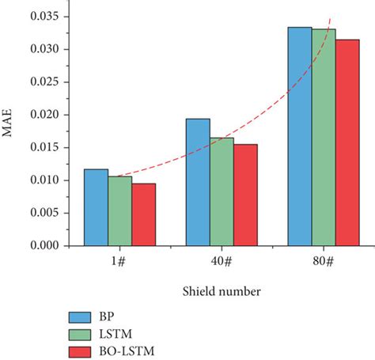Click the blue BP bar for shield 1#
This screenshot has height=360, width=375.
pos(96,207)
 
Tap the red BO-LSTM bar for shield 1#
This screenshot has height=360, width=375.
pos(144,214)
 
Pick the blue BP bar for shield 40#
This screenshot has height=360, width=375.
pos(198,182)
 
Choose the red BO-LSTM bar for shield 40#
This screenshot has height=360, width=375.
pos(245,195)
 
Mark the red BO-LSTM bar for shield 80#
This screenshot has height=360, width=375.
pos(347,142)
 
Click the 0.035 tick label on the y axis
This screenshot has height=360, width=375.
pos(43,16)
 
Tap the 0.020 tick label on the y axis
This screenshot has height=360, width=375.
pos(43,115)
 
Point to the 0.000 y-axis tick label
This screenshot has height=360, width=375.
pos(43,246)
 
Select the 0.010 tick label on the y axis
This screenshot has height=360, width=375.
pos(43,180)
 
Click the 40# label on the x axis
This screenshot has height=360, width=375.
pos(222,262)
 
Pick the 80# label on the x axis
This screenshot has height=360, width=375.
pos(323,262)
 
